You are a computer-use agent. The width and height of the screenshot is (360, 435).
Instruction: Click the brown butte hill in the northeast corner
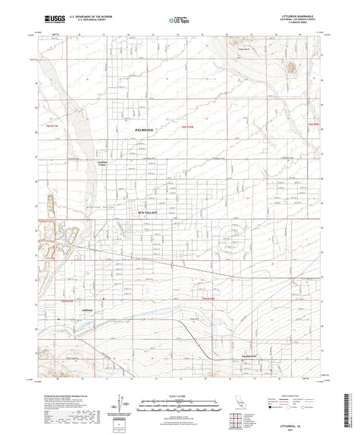point(291,66)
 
